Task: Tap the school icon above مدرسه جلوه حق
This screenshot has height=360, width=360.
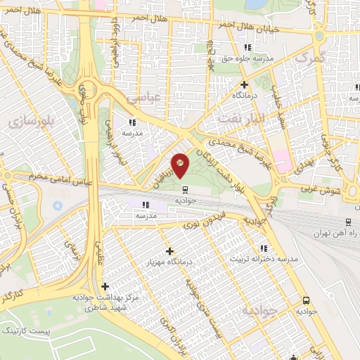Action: (x=229, y=47)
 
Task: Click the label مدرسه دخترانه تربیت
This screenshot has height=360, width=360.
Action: (x=268, y=259)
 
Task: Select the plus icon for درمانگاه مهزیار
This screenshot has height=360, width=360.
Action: (x=169, y=251)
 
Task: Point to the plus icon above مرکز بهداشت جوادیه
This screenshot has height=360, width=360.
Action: (x=105, y=286)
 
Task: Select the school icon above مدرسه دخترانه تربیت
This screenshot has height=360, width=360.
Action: (x=264, y=248)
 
